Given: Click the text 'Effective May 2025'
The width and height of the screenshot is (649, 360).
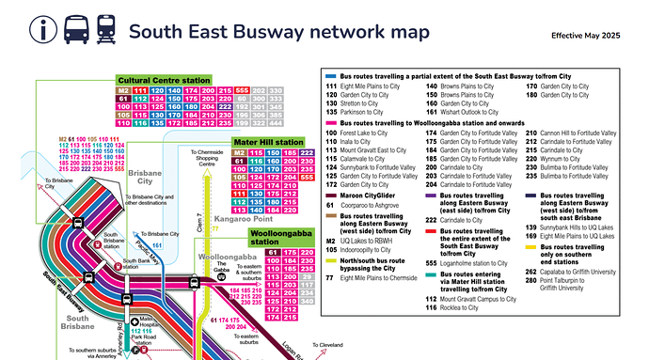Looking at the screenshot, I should (x=586, y=35).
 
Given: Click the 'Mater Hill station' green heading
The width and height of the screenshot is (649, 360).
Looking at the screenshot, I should (x=268, y=142).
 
